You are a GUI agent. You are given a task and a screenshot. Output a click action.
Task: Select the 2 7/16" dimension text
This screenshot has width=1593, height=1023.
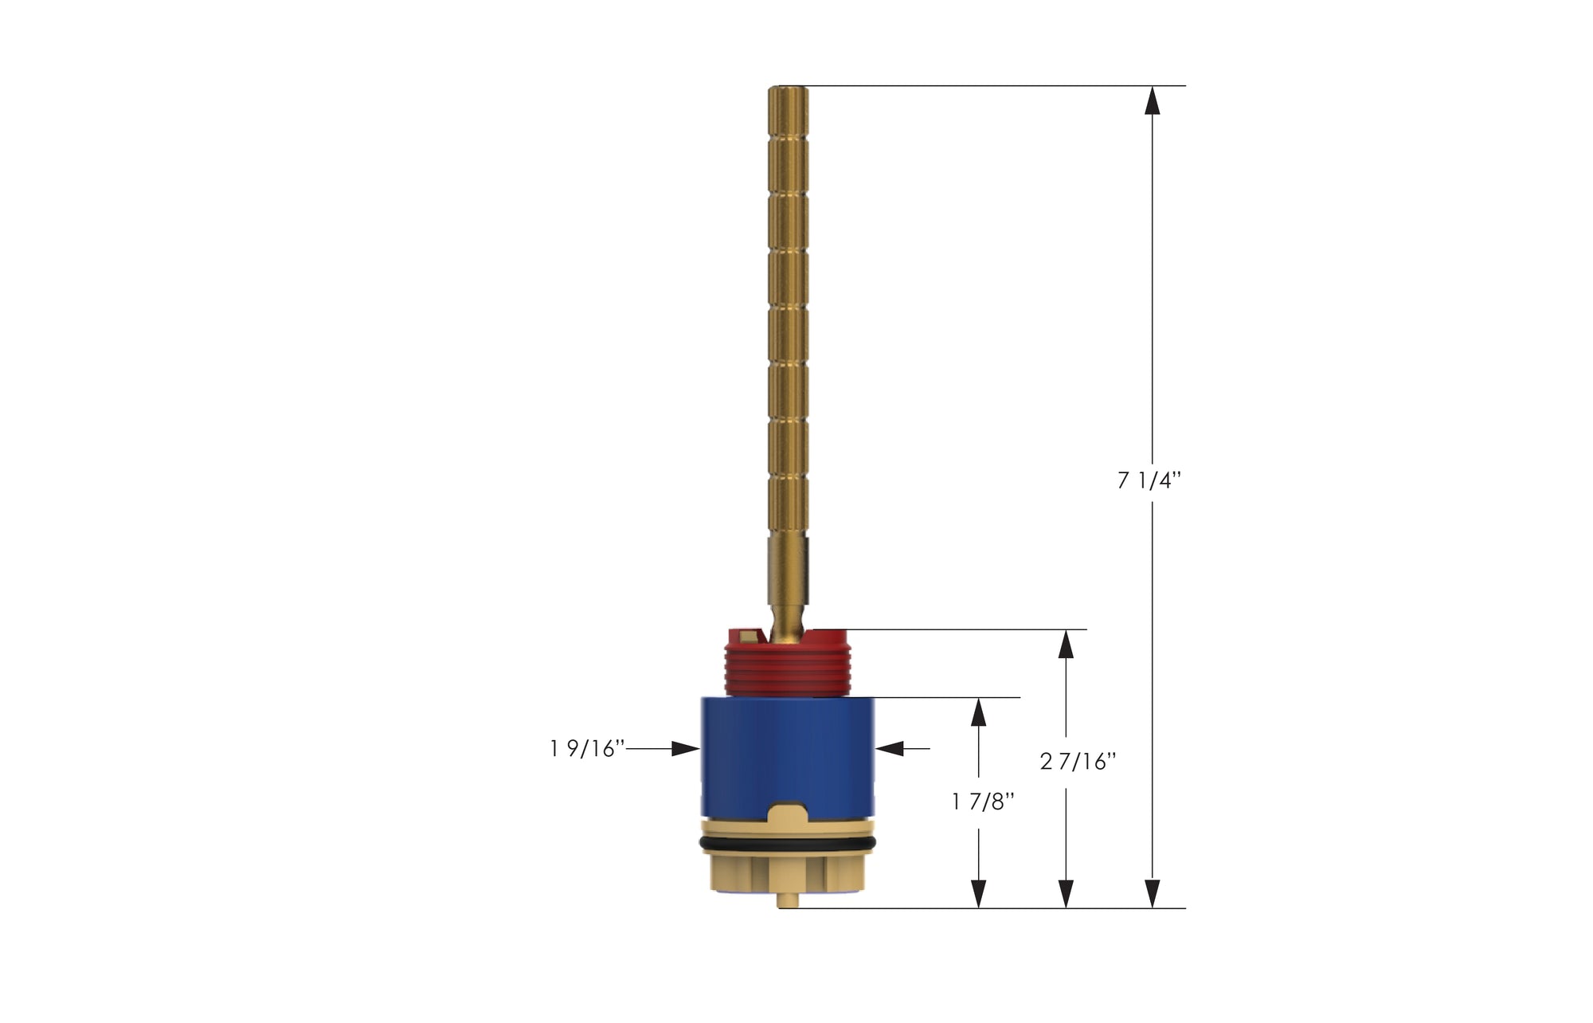(x=1078, y=762)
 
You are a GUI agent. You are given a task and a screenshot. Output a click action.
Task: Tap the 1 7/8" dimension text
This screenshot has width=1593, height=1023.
(x=983, y=802)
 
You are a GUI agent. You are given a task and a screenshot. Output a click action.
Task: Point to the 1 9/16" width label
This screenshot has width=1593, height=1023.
(x=586, y=749)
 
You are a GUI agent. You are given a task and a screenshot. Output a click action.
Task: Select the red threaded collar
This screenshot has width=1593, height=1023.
(x=788, y=665)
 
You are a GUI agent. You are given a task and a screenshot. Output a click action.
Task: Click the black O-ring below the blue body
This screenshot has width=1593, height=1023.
(x=787, y=843)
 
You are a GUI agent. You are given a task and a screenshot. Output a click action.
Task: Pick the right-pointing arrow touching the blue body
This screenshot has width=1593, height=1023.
(x=686, y=749)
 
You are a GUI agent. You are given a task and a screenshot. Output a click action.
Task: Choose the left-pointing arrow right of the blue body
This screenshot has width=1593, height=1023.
(x=890, y=749)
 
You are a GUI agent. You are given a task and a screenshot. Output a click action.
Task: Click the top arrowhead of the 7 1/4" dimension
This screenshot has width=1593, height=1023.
(x=1152, y=100)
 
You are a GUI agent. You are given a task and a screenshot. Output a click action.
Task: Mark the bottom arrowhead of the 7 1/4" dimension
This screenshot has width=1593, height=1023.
(x=1152, y=893)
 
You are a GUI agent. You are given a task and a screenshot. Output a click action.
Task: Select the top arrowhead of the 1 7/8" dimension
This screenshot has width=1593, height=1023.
(x=979, y=711)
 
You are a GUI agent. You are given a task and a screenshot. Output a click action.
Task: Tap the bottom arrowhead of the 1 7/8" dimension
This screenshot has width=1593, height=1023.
(x=979, y=893)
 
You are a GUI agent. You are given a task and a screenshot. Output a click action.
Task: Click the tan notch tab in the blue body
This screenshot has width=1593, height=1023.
(x=787, y=814)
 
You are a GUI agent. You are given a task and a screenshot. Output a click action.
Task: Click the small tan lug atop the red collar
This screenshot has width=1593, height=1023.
(x=749, y=636)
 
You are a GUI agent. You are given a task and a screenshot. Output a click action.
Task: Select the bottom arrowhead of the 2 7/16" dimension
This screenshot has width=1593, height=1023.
(x=1066, y=893)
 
